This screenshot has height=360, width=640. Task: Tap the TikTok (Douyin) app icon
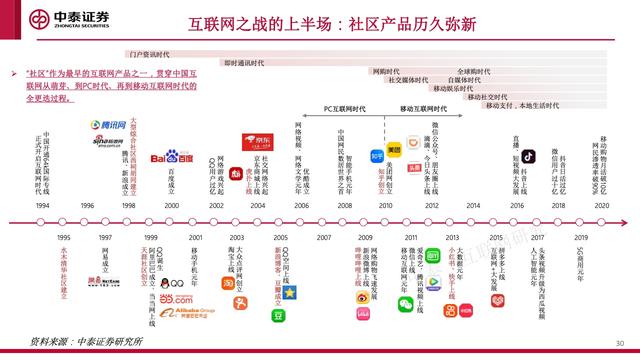[527, 156]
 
